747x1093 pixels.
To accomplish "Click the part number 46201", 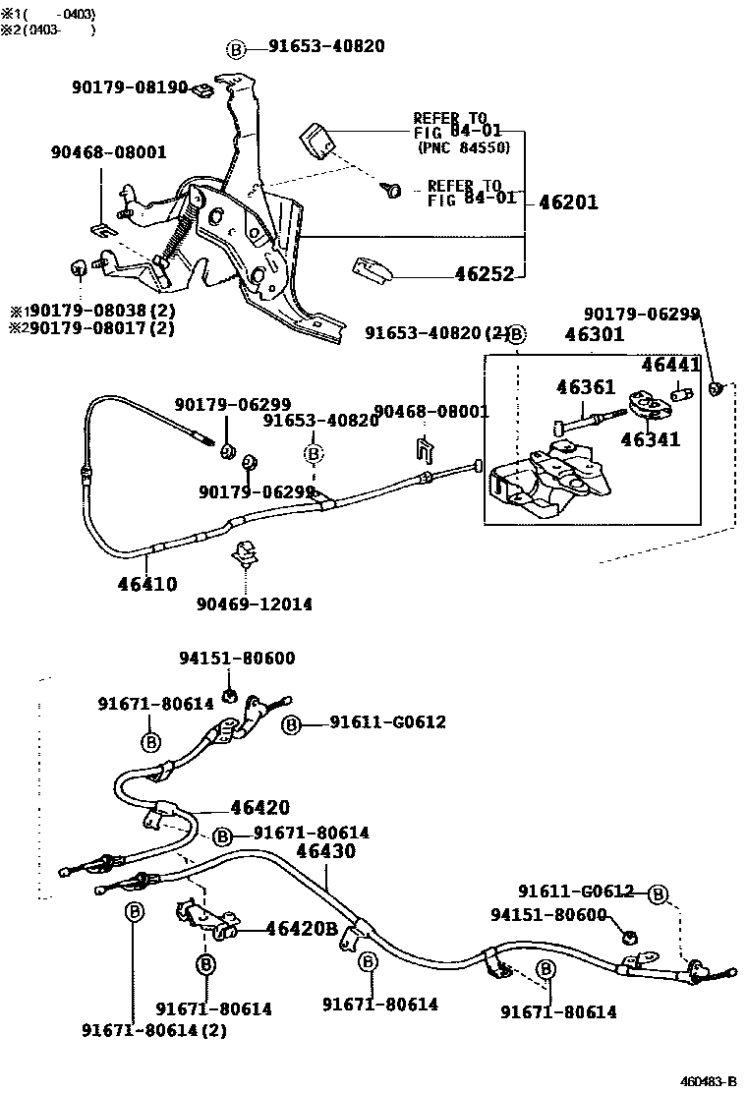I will coord(568,203).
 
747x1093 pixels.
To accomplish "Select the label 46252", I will coord(484,274).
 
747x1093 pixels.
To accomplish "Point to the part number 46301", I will coord(594,335).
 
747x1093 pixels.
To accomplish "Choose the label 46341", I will coord(650,439).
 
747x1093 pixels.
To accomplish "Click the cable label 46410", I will coord(147,584).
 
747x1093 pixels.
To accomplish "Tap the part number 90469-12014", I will coord(254,604).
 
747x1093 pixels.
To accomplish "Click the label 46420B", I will coord(303,929).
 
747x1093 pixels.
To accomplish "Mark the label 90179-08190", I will coord(129,87).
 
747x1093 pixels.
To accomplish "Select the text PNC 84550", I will coord(463,147).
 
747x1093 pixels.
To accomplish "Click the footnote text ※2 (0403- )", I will coord(49,29).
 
